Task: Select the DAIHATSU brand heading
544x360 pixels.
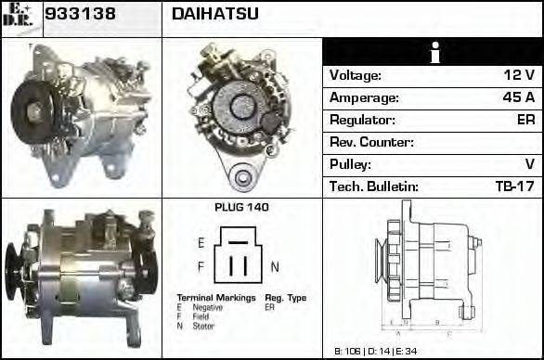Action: [x=215, y=14]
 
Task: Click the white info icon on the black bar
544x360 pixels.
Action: [x=433, y=53]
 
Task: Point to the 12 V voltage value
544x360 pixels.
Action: [x=518, y=75]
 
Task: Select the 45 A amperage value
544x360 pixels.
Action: [x=518, y=97]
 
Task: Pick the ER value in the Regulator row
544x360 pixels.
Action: [x=525, y=120]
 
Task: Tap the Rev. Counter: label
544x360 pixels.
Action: [x=371, y=142]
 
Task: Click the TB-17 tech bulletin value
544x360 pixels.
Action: [x=515, y=186]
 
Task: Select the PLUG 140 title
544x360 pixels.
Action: [x=241, y=208]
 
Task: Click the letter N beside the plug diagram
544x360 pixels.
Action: [x=275, y=266]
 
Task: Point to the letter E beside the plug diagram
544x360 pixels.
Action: [x=201, y=242]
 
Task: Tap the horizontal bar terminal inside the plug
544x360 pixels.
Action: [x=238, y=241]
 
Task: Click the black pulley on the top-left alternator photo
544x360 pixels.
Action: [x=34, y=111]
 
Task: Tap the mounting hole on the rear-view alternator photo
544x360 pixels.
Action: [x=243, y=175]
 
